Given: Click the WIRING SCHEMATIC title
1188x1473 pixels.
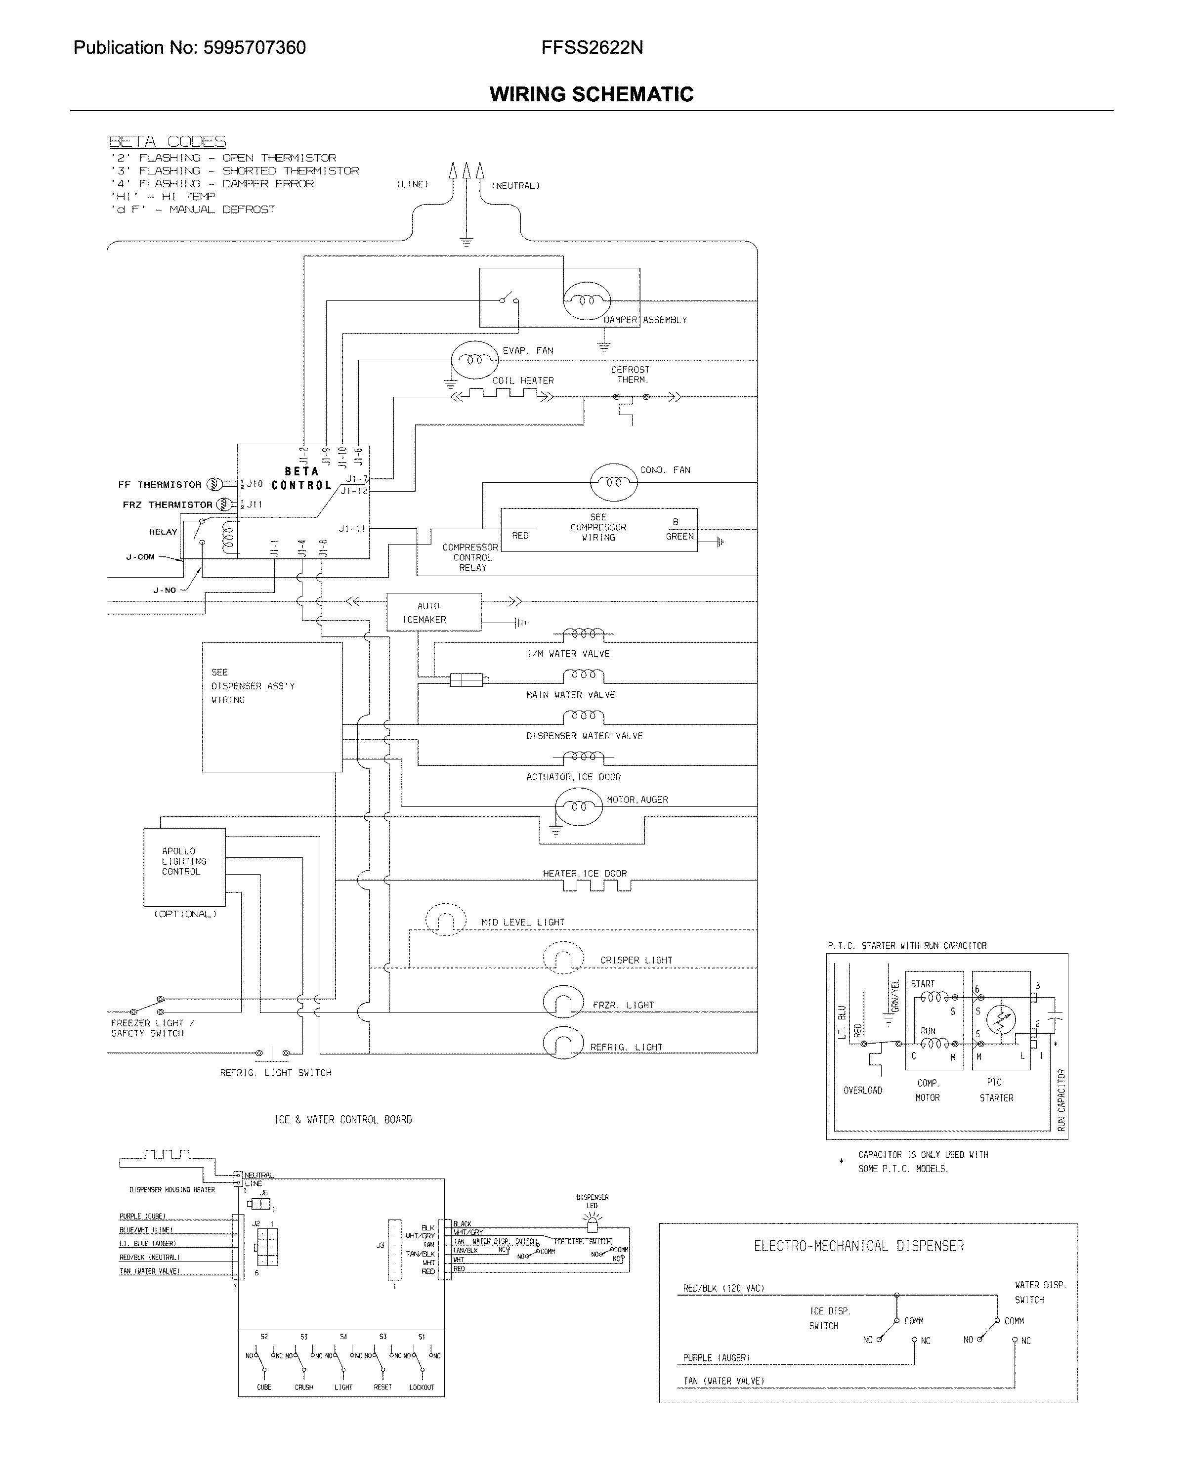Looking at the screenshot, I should click(591, 94).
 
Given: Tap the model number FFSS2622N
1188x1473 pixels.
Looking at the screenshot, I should click(592, 47).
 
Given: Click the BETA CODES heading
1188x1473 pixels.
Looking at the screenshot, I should click(167, 142).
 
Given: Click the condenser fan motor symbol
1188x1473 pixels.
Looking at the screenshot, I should click(614, 482).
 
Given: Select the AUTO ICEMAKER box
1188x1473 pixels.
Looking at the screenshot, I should click(433, 612).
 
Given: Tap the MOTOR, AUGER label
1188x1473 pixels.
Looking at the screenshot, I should click(637, 799).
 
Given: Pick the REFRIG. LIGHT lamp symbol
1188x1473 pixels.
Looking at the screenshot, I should click(563, 1045).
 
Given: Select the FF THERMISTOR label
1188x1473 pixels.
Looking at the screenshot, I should click(160, 484).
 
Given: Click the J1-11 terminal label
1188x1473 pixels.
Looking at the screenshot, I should click(352, 528).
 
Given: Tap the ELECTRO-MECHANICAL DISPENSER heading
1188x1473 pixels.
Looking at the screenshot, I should click(858, 1246).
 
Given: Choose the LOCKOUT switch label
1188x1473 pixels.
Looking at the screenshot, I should click(422, 1388).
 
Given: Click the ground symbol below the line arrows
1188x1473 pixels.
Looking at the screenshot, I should click(466, 241).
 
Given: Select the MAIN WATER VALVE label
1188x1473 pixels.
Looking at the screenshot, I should click(570, 694).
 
